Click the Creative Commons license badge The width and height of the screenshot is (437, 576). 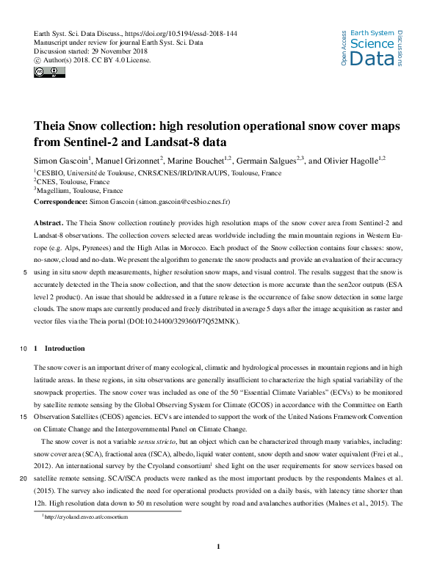[x=46, y=72]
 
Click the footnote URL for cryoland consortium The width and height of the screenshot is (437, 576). [x=87, y=517]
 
